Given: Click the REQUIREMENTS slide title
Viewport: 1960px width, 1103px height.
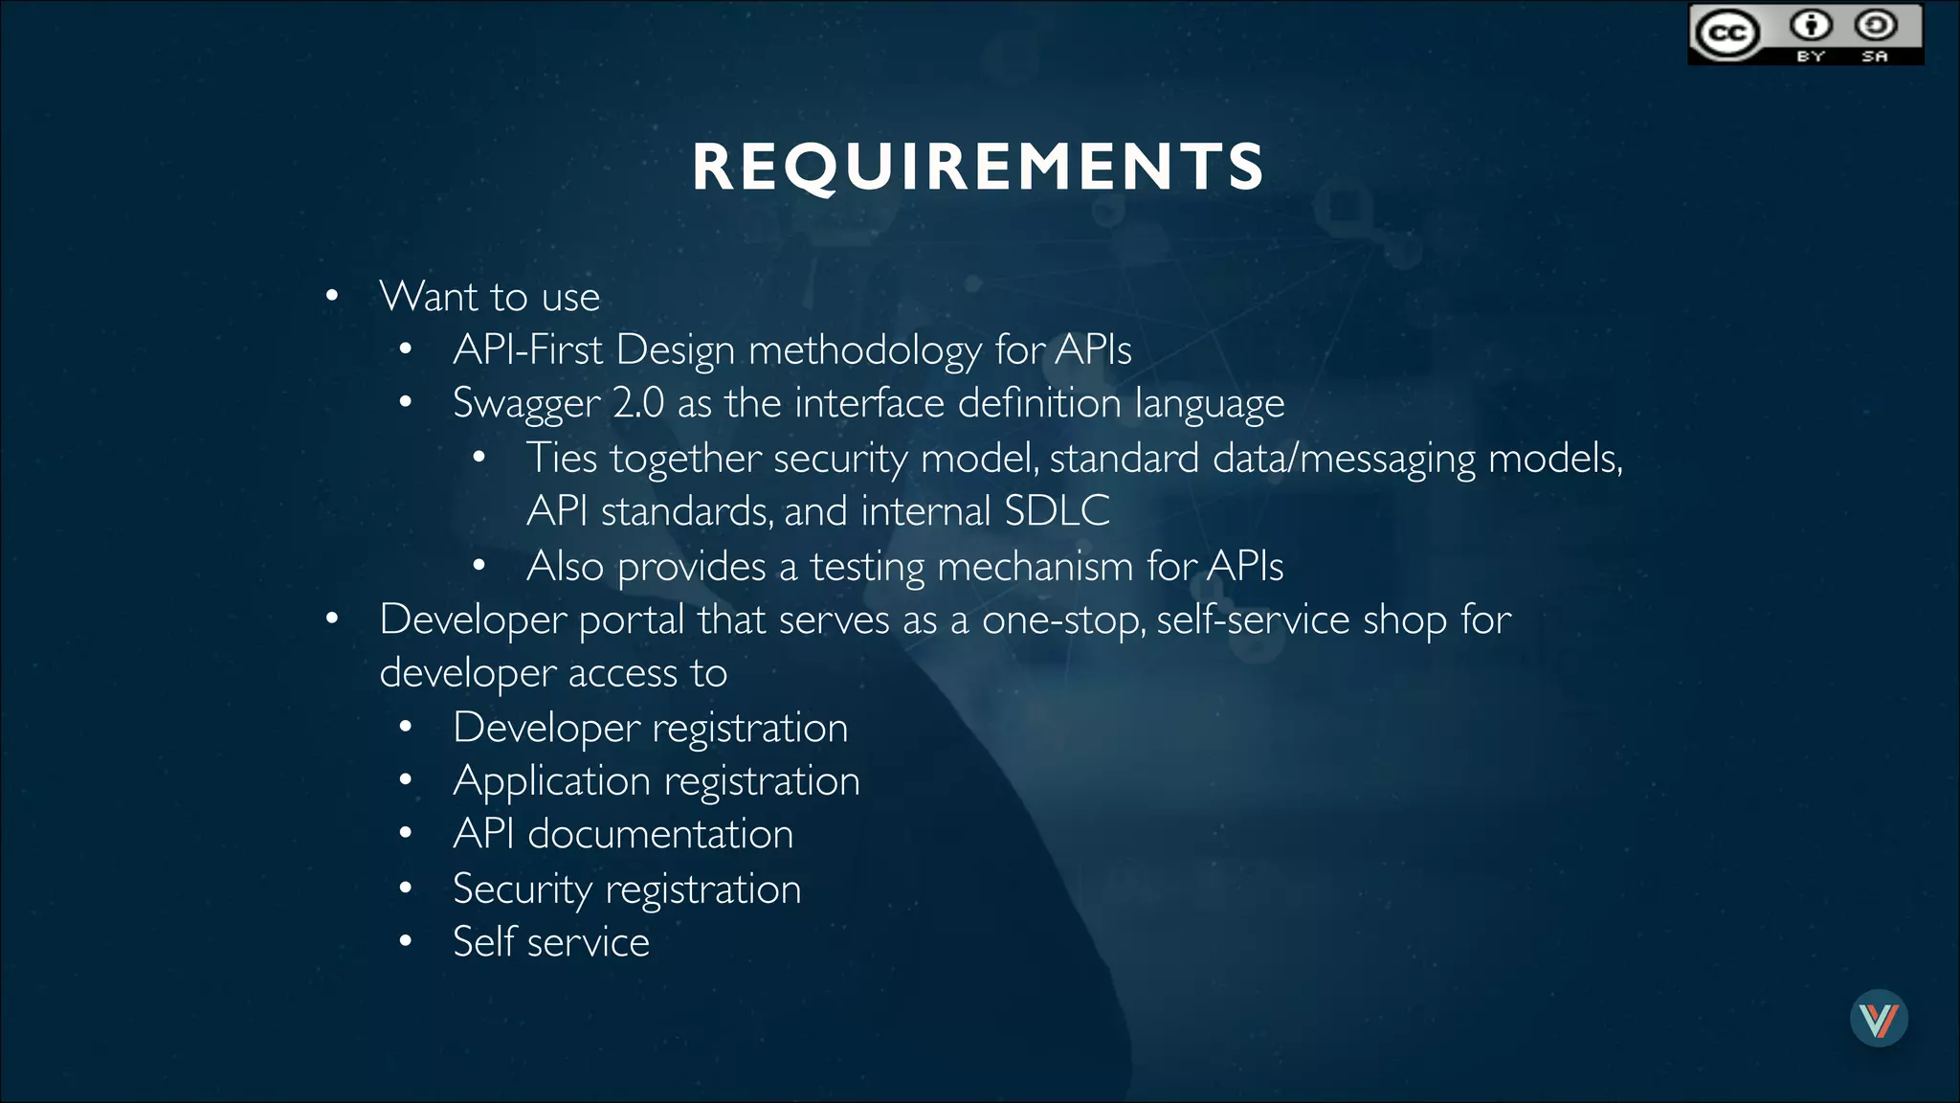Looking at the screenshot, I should click(x=978, y=167).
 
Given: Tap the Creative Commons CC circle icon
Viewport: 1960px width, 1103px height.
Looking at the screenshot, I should click(x=1727, y=34).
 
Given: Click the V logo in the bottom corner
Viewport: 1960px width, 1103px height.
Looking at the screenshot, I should click(x=1879, y=1019).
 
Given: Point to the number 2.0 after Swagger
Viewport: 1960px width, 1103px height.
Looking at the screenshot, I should click(x=638, y=403).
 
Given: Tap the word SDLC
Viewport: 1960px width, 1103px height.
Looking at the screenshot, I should click(x=1057, y=511).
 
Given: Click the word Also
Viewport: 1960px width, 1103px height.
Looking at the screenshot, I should click(x=565, y=566).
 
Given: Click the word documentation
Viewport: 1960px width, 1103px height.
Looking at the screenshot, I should click(x=660, y=834).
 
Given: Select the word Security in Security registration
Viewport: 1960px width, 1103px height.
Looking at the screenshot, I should click(x=523, y=889).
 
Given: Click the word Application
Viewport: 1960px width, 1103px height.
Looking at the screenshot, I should click(x=551, y=781).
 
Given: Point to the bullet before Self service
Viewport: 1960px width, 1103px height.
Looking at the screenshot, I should click(x=406, y=942).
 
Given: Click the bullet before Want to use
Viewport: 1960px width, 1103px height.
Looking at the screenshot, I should click(x=332, y=296).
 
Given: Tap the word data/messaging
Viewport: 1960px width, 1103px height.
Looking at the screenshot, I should click(x=1344, y=459).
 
